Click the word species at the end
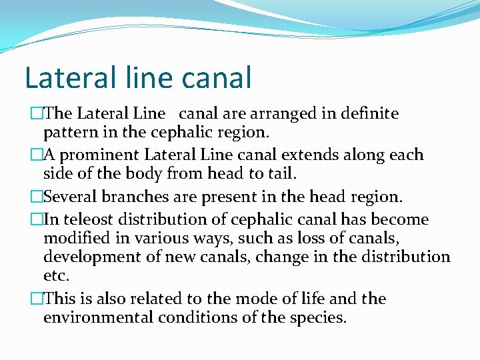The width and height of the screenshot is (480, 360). click(x=319, y=317)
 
